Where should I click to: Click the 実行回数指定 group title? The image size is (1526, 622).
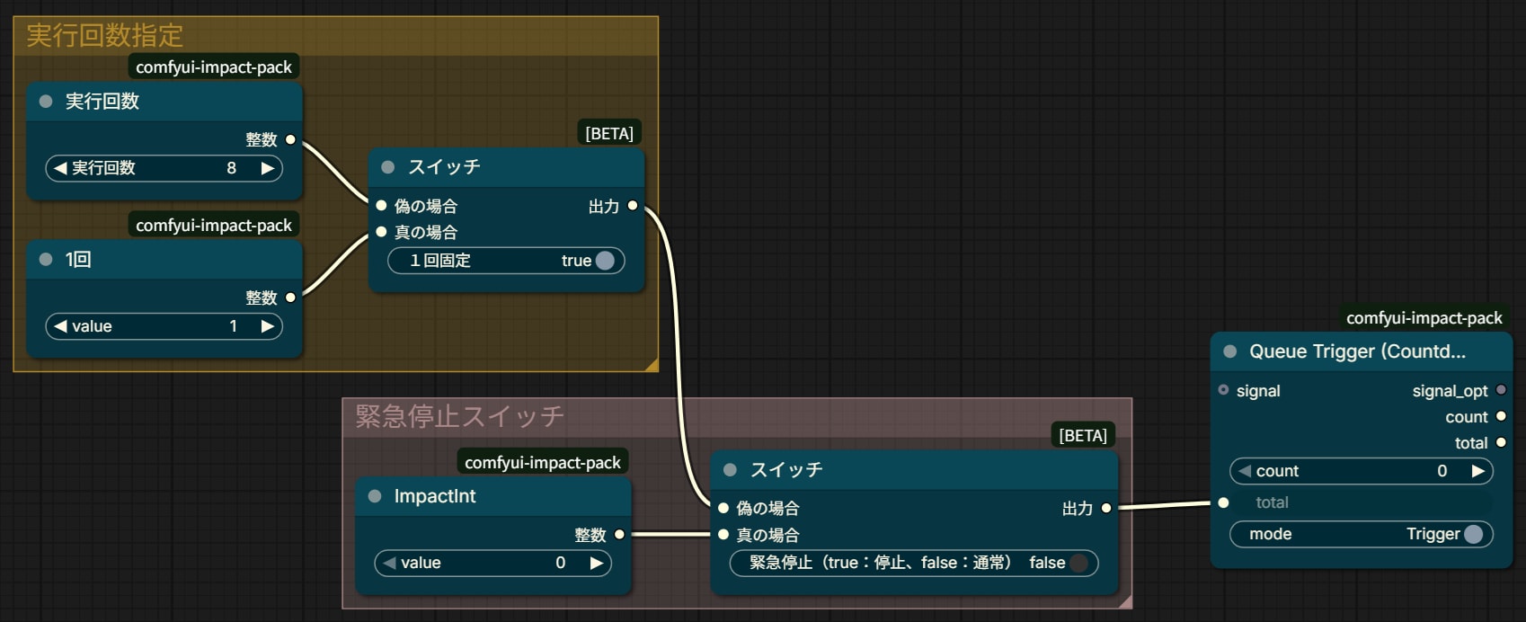105,35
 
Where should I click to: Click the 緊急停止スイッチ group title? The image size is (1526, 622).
460,416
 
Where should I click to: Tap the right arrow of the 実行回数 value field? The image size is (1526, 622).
268,168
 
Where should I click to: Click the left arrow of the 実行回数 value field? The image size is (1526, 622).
60,168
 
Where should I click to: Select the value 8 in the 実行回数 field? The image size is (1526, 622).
232,168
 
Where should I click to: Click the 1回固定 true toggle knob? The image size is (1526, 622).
605,261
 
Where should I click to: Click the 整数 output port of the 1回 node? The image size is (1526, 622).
291,298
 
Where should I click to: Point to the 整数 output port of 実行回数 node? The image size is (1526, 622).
291,139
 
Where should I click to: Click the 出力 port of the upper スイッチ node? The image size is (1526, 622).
633,206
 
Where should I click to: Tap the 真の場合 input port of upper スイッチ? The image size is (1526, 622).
381,232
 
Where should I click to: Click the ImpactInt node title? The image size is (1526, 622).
435,496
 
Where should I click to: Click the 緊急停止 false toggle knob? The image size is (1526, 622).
1079,563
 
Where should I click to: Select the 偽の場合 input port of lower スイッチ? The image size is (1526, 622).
723,508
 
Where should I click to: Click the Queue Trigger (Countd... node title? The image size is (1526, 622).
1357,351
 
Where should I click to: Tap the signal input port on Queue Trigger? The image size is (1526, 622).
1223,390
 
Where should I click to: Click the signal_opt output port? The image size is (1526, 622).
1501,390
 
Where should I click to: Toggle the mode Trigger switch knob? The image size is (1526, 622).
1474,534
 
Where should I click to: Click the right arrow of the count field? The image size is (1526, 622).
1477,471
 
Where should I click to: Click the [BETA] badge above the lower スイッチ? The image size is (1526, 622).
1083,435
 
